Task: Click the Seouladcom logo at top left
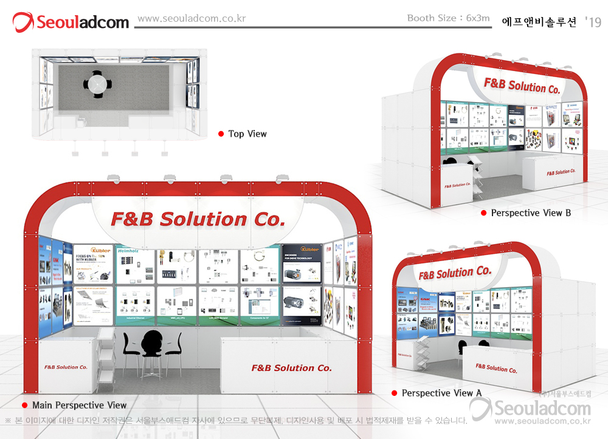pyautogui.click(x=71, y=22)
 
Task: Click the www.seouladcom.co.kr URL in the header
pyautogui.click(x=192, y=19)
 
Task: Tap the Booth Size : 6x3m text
pyautogui.click(x=448, y=18)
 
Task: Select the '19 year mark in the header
pyautogui.click(x=593, y=22)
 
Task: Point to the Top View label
pyautogui.click(x=247, y=134)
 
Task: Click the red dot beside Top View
pyautogui.click(x=221, y=134)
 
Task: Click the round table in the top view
pyautogui.click(x=97, y=84)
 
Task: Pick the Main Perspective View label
pyautogui.click(x=80, y=405)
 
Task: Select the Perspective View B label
pyautogui.click(x=531, y=213)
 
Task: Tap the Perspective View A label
pyautogui.click(x=441, y=393)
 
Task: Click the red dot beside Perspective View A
pyautogui.click(x=394, y=393)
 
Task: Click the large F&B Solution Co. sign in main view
pyautogui.click(x=198, y=219)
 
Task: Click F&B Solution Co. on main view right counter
pyautogui.click(x=291, y=368)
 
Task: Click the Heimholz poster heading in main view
pyautogui.click(x=128, y=250)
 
